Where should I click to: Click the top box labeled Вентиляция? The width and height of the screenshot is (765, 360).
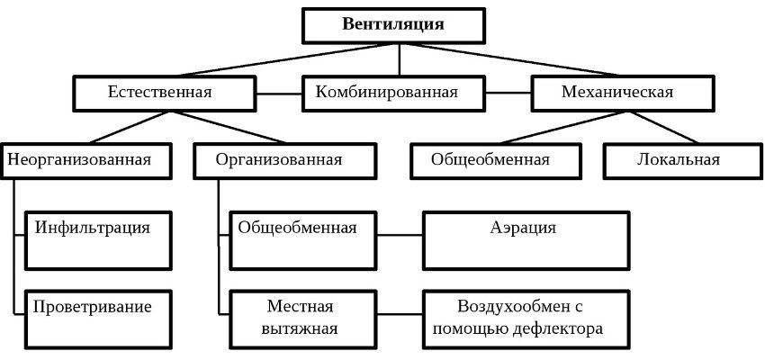tap(392, 25)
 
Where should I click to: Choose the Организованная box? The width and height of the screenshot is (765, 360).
tap(279, 161)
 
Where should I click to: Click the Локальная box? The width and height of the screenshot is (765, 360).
tap(679, 161)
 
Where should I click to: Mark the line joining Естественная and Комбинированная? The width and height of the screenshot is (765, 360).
tap(274, 93)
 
